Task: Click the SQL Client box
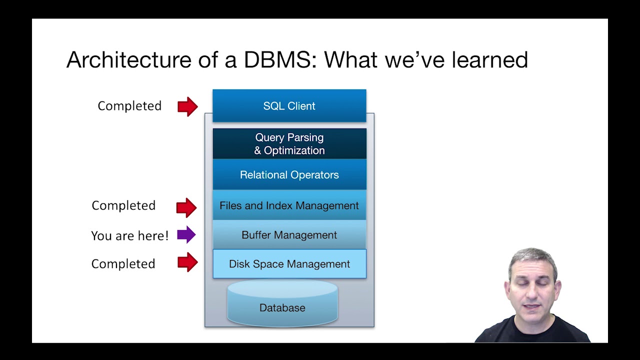[x=289, y=106]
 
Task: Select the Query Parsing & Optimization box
[x=289, y=144]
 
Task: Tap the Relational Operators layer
[x=289, y=175]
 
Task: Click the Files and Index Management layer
[x=289, y=205]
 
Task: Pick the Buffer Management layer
[x=289, y=235]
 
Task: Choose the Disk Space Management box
[x=289, y=264]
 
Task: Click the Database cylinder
[x=282, y=306]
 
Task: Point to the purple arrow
[x=186, y=234]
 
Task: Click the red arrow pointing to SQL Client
[x=187, y=106]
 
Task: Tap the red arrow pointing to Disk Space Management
[x=187, y=262]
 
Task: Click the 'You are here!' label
[x=129, y=236]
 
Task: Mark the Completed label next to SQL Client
[x=129, y=106]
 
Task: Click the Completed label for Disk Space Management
[x=123, y=264]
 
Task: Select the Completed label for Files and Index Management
[x=123, y=205]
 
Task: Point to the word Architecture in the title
[x=128, y=60]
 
